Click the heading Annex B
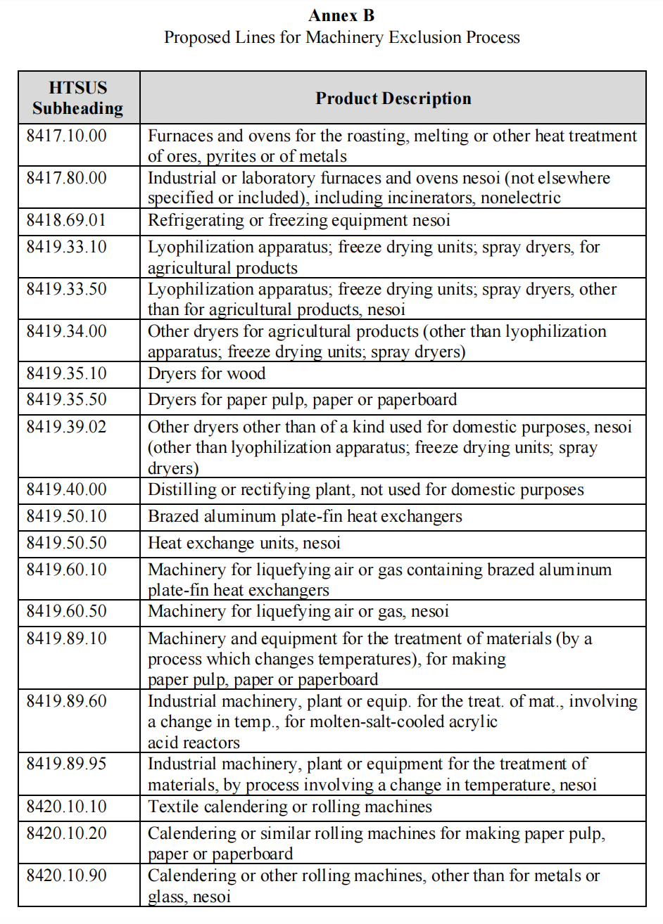(x=341, y=15)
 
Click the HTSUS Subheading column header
(x=78, y=98)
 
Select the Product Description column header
(x=393, y=98)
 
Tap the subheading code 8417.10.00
(x=67, y=136)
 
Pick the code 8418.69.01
(x=66, y=220)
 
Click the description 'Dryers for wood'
(x=206, y=373)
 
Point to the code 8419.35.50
(x=67, y=399)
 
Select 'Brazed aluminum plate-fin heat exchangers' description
(x=305, y=516)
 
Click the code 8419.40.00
(x=67, y=489)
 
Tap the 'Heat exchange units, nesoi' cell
(x=244, y=543)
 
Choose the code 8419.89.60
(x=67, y=701)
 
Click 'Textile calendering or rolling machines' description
(x=290, y=807)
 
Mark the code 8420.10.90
(x=67, y=875)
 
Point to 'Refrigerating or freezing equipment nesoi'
(x=298, y=220)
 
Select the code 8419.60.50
(x=67, y=611)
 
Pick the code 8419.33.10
(x=67, y=247)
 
